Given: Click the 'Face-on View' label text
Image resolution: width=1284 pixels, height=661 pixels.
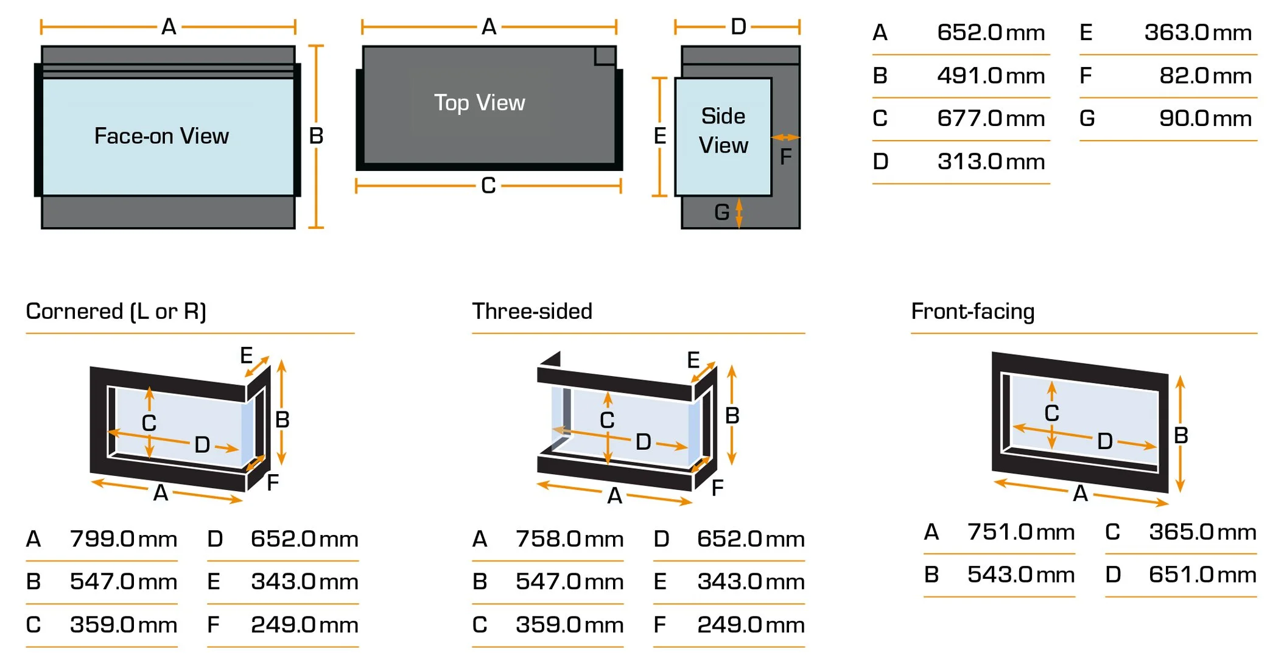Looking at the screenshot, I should [161, 136].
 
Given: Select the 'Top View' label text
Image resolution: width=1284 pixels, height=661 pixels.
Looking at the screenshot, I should [479, 102].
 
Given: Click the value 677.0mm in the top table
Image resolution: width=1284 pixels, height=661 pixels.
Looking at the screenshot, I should [991, 118].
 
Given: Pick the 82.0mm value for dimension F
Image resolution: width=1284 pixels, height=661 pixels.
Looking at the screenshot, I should [1205, 75].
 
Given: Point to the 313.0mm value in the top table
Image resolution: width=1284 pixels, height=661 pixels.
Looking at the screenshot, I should [991, 161].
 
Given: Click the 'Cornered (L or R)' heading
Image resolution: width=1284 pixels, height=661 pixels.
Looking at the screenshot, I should [116, 311].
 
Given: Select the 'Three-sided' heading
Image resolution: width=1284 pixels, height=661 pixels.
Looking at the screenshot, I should [531, 311].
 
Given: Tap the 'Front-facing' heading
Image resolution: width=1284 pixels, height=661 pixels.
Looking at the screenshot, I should [972, 311].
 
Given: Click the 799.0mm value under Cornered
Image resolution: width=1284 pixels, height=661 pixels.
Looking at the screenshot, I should [123, 539].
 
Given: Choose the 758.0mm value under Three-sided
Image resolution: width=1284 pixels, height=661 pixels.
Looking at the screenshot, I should [569, 539].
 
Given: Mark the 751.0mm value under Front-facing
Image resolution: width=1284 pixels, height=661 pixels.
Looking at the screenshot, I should [1020, 532].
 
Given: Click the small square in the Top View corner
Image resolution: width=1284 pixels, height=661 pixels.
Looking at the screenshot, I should [605, 55].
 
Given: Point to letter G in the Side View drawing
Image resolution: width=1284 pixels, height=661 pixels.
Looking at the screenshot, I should [721, 212].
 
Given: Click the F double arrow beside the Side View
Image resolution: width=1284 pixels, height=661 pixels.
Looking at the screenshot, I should [785, 138].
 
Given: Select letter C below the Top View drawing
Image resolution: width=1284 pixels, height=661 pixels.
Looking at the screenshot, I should [488, 186].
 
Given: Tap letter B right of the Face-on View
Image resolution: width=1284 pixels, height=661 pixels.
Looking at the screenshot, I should [316, 136].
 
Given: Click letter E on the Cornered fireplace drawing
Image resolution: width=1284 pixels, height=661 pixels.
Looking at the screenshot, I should [246, 355].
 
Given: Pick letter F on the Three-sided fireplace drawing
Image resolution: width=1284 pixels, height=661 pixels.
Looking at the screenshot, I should [717, 487].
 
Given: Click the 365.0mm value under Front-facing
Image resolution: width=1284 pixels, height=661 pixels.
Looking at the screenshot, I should [1202, 532].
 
